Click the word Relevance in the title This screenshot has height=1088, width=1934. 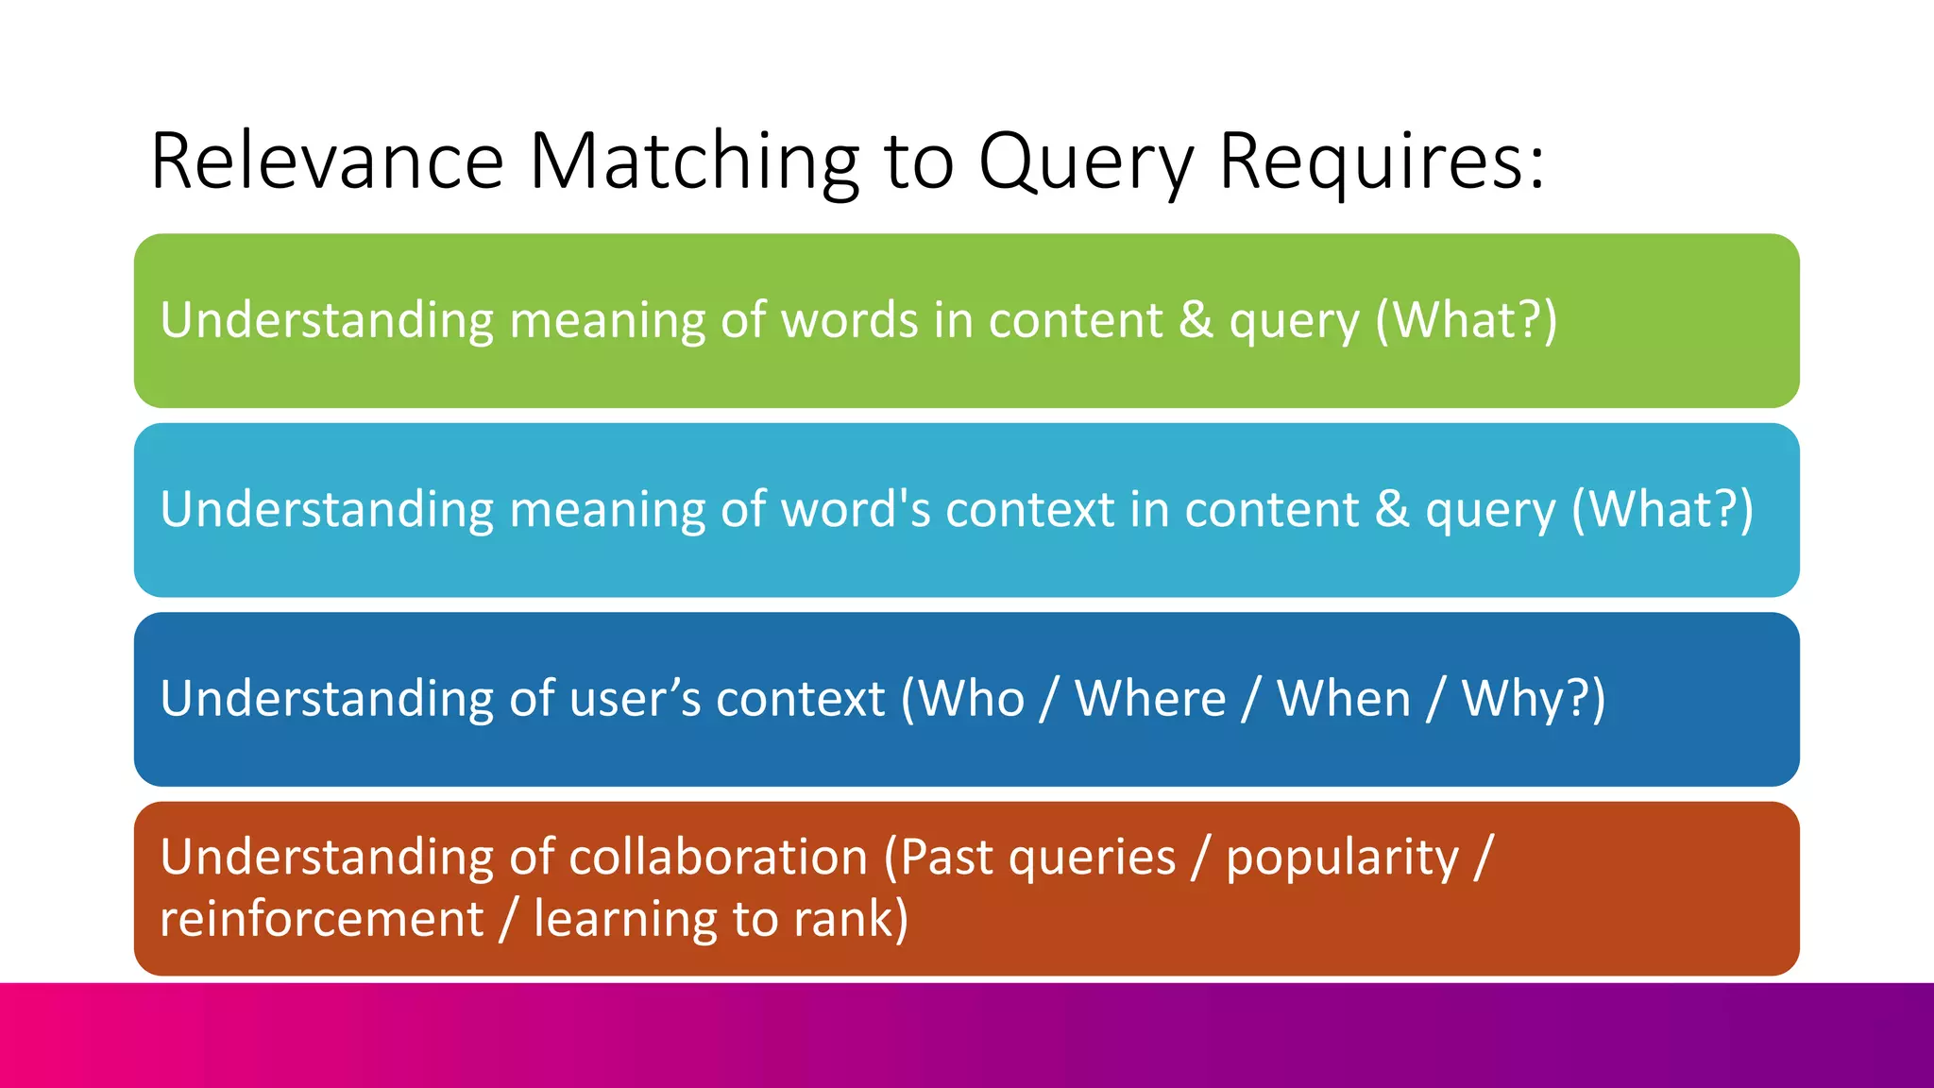pos(327,161)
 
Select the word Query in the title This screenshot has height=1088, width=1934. pos(1086,161)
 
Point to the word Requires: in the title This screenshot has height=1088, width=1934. pos(1382,161)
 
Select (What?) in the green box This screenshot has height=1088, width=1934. pos(1466,320)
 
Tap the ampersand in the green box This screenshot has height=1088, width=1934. pos(1196,320)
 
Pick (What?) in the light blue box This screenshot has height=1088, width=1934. pos(1662,510)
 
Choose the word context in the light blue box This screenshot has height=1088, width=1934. pos(1029,510)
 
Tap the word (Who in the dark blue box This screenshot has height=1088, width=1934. pos(963,700)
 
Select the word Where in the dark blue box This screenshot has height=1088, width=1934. pos(1150,700)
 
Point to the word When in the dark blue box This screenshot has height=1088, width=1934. pos(1344,700)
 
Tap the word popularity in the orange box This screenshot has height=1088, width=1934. pos(1342,858)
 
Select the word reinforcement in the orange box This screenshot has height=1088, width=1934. pos(321,919)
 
